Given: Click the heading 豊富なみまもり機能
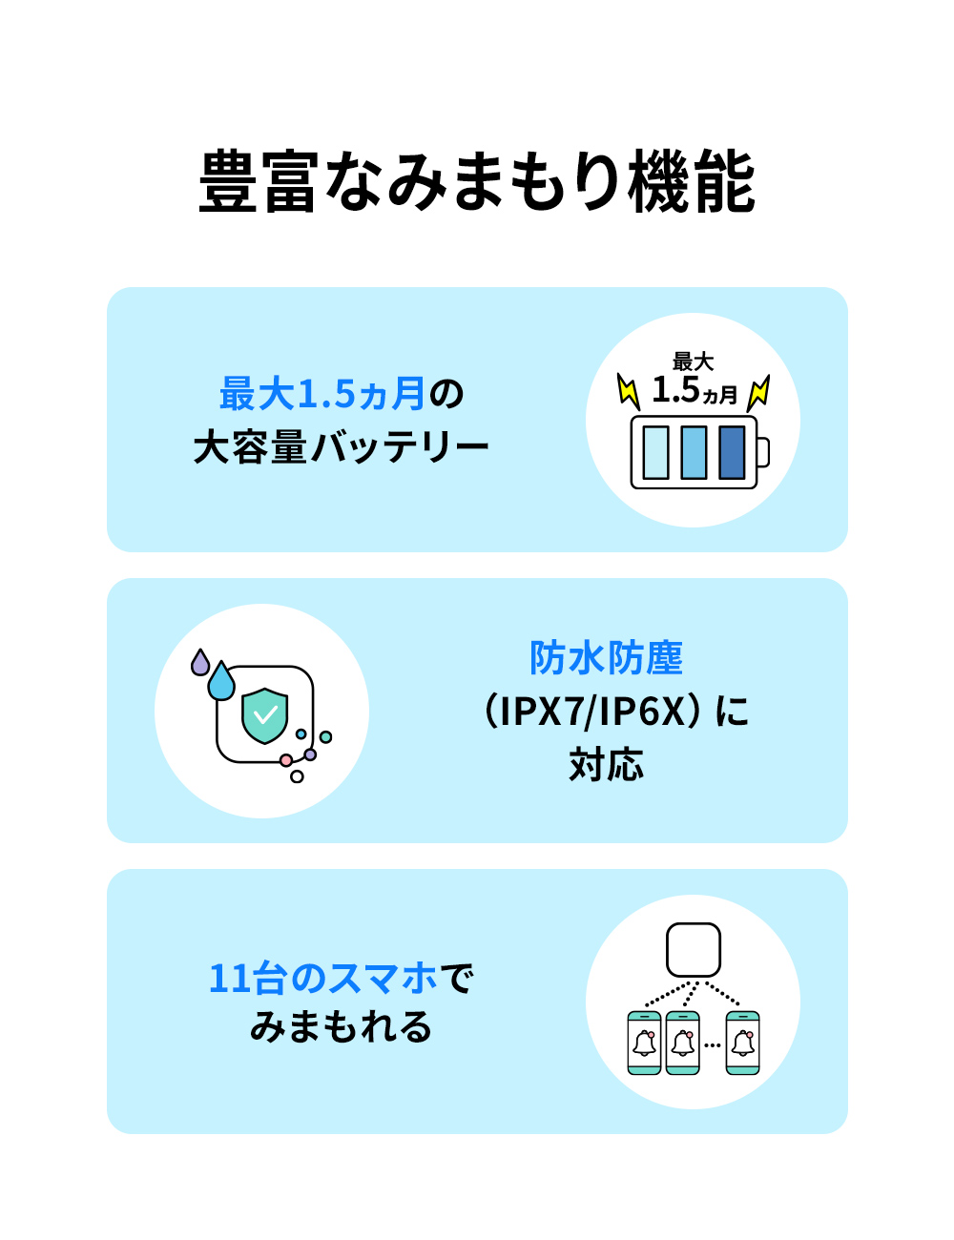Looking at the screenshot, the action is (x=477, y=181).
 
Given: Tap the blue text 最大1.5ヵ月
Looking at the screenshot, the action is (x=322, y=394).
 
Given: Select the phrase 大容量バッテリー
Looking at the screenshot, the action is (x=341, y=446).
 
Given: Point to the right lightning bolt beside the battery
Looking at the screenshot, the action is (x=758, y=393).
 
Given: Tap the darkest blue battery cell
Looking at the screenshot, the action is (x=732, y=452).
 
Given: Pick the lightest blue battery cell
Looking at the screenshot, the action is (x=655, y=452).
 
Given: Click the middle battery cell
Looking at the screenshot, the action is (x=694, y=452).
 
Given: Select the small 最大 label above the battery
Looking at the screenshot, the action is (x=693, y=362).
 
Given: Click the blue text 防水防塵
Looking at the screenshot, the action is (x=606, y=657).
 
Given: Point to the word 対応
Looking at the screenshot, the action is (x=606, y=763).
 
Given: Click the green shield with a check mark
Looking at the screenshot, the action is (x=264, y=716).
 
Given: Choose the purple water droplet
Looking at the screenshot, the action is (x=200, y=663).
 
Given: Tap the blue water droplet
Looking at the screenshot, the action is (x=221, y=681).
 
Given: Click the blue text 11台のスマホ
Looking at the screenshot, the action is (x=323, y=979).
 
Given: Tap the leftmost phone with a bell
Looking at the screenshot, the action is (x=644, y=1044).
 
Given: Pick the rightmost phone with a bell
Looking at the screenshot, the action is (x=742, y=1044).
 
